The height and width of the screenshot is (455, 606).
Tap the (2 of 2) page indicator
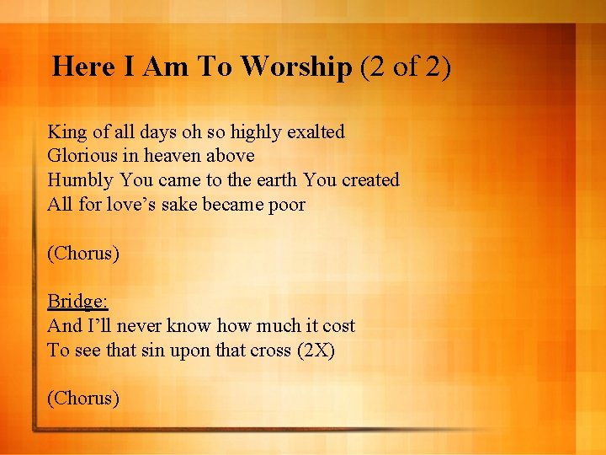[x=406, y=67]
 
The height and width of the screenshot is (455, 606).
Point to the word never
[x=136, y=326]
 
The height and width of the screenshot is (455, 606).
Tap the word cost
[x=338, y=326]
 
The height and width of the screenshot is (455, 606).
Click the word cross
[x=271, y=351]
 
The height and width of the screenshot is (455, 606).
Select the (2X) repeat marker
[x=316, y=351]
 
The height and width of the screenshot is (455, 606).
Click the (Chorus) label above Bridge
[x=83, y=254]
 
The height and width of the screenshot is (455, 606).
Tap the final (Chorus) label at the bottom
[x=83, y=398]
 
